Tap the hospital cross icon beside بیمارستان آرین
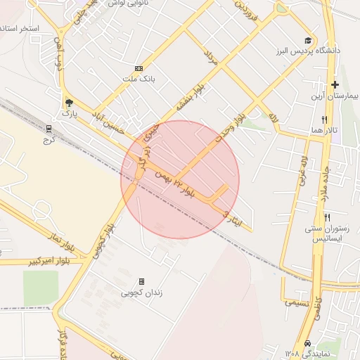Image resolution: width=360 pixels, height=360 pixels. pyautogui.click(x=335, y=84)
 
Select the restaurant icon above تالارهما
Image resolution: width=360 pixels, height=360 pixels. pyautogui.click(x=324, y=120)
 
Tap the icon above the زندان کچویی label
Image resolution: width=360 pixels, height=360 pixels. pyautogui.click(x=141, y=281)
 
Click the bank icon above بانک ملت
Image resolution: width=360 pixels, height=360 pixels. pyautogui.click(x=139, y=69)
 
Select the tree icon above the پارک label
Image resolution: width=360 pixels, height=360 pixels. pyautogui.click(x=68, y=101)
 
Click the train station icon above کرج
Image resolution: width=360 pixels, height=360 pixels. pyautogui.click(x=49, y=129)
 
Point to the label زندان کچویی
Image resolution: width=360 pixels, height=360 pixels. pyautogui.click(x=141, y=292)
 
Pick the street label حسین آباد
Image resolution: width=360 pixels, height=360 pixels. pyautogui.click(x=114, y=120)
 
